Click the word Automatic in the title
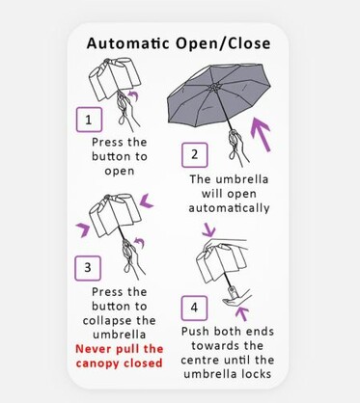(x=127, y=43)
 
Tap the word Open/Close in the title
(x=223, y=43)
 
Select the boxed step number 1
(x=89, y=120)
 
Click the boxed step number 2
(x=194, y=155)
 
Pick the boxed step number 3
(x=88, y=268)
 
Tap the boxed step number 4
(x=194, y=308)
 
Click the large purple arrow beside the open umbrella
(x=262, y=135)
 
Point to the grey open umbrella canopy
(x=220, y=94)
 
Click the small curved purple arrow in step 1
(x=133, y=94)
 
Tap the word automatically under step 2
(x=229, y=208)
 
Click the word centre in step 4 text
(x=200, y=360)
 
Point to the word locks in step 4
(x=257, y=374)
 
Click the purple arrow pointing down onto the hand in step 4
(x=209, y=229)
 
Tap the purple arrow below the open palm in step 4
(x=242, y=313)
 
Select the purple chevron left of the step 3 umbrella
(x=84, y=229)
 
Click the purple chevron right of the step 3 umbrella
(x=147, y=201)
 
